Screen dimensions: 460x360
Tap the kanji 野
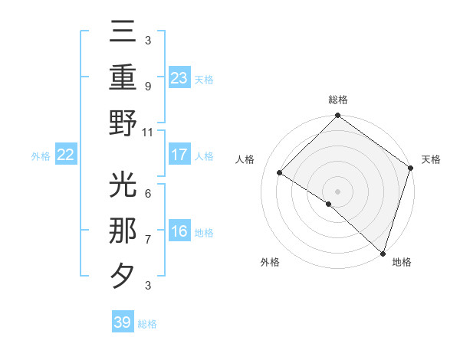[123, 122]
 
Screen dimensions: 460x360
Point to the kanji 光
[123, 186]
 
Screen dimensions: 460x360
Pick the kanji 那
[123, 231]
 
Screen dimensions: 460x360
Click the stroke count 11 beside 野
[148, 132]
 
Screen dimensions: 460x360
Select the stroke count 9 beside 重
[148, 86]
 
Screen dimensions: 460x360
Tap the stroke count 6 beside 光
[148, 194]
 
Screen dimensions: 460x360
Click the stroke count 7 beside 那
[148, 240]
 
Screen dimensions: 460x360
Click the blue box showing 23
[179, 77]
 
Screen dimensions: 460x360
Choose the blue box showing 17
[179, 155]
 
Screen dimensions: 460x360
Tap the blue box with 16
[179, 232]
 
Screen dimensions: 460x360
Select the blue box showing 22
[65, 155]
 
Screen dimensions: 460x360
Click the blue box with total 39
[123, 322]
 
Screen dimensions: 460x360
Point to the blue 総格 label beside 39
[147, 324]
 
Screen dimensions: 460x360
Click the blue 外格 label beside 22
[41, 156]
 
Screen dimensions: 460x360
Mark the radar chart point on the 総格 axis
[337, 116]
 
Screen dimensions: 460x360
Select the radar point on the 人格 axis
[280, 172]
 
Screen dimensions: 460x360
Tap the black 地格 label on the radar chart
[402, 262]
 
